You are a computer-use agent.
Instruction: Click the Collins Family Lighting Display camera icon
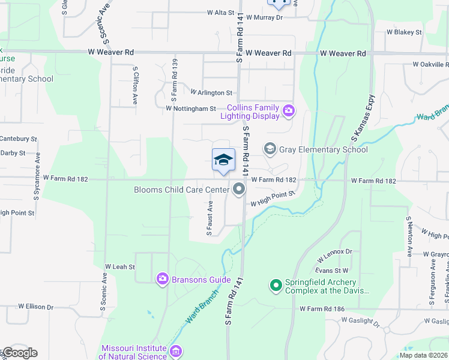pos(289,110)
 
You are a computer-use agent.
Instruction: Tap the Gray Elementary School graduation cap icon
pos(270,149)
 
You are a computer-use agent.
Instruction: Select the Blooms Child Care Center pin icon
pos(240,190)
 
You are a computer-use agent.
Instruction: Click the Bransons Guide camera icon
pos(162,279)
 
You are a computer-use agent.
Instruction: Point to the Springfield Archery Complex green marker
pos(276,286)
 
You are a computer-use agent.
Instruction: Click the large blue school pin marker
pos(223,160)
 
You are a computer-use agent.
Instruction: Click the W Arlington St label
pos(211,93)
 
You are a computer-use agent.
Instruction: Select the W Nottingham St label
pos(191,109)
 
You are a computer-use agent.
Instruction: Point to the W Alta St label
pos(220,12)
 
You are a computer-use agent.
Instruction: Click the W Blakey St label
pos(404,32)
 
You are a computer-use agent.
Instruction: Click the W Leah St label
pos(120,266)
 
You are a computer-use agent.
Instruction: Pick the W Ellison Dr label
pos(35,307)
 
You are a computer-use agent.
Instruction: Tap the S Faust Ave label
pos(209,218)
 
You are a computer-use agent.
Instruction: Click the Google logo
pos(19,353)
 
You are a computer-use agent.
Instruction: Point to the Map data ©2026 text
pos(423,355)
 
